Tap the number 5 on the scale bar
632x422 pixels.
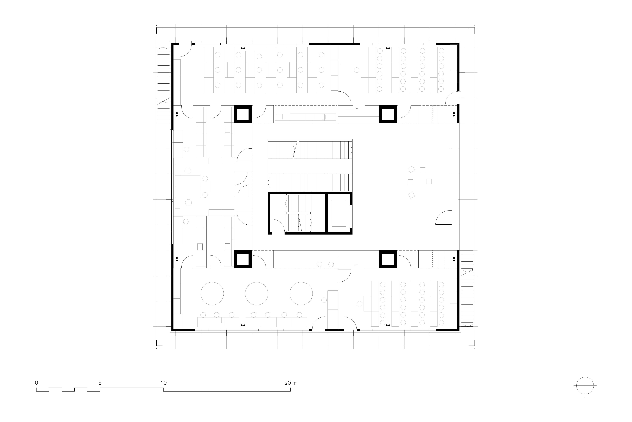coord(100,383)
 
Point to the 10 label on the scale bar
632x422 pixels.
coord(163,383)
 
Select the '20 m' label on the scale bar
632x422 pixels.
coord(290,383)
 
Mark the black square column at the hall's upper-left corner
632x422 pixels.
coord(243,114)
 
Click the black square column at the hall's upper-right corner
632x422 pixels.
coord(388,114)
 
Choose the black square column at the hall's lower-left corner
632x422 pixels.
coord(243,259)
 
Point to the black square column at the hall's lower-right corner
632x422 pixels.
coord(388,259)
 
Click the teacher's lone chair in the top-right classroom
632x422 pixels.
coord(357,70)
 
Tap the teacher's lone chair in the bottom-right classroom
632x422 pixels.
coord(359,304)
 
